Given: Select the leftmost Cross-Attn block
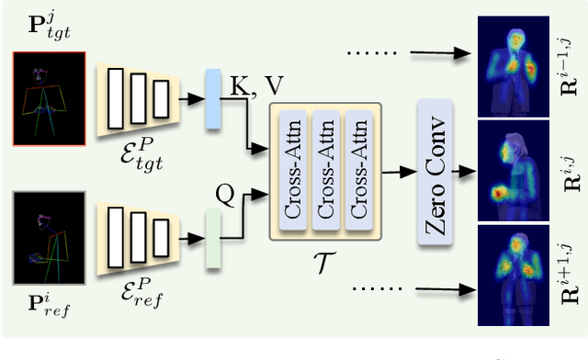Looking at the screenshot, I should [293, 170].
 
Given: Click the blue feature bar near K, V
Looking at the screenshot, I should [213, 96].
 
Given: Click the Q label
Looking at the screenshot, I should [224, 195].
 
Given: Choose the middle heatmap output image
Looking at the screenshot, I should [515, 172].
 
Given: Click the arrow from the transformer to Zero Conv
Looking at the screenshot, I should [397, 171].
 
